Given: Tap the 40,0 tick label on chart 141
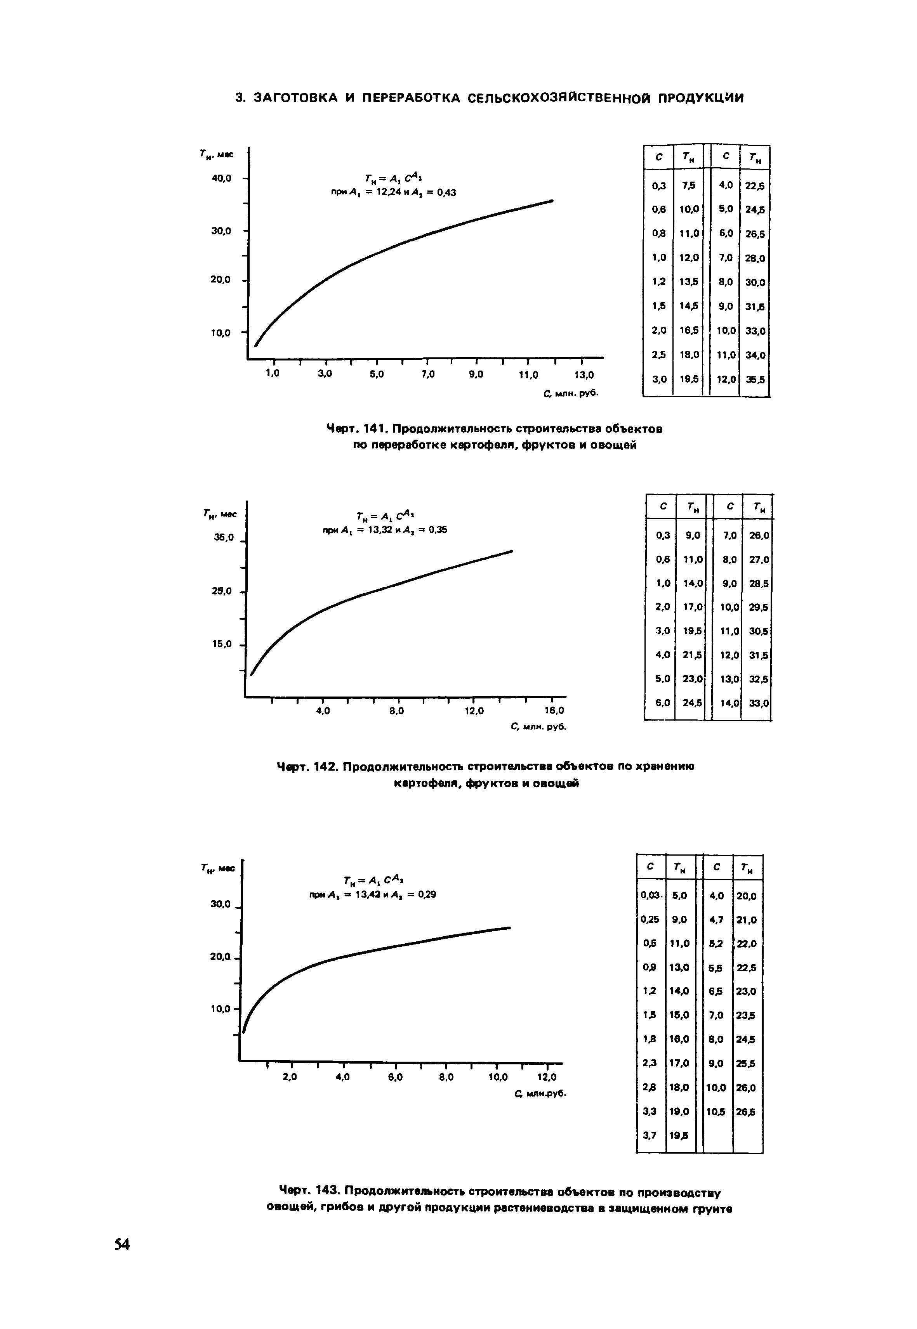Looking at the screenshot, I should [221, 178].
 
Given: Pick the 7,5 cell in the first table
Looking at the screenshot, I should [688, 185].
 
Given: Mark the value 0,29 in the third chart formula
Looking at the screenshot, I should [426, 894].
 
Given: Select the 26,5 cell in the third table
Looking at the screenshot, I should [746, 1112].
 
